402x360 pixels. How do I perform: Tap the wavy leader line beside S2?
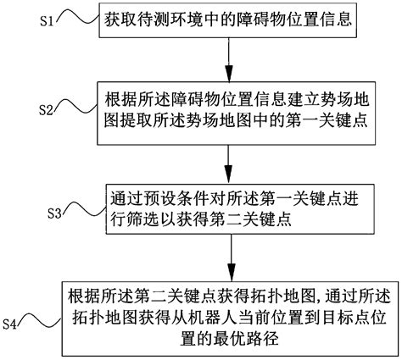[x=81, y=107]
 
